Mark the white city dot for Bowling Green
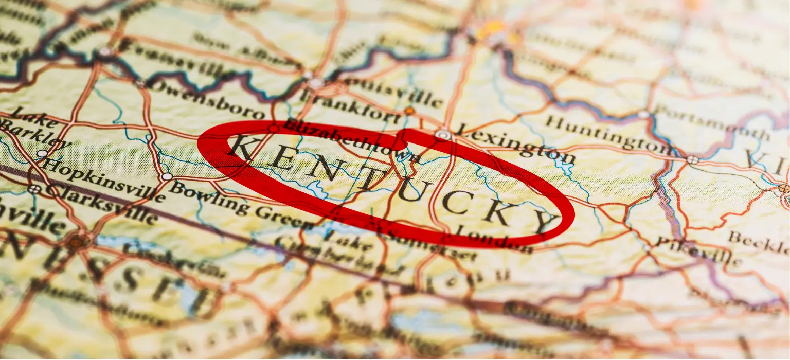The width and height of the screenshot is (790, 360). click(166, 176)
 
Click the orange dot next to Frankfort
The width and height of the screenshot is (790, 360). click(409, 111)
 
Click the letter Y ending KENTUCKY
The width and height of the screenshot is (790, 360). click(544, 222)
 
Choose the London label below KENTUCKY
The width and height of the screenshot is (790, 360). click(494, 239)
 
